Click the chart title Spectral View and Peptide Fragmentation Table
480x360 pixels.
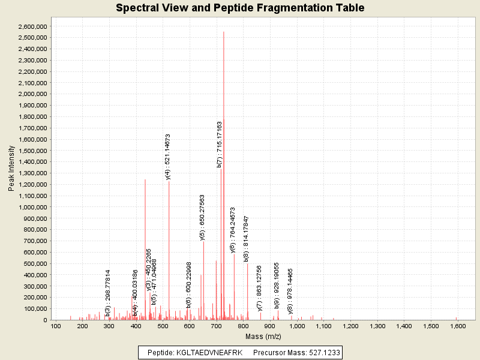[x=240, y=8]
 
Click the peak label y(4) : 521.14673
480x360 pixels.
[x=169, y=157]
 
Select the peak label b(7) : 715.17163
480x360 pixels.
[x=220, y=144]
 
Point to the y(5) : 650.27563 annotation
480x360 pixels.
[x=203, y=217]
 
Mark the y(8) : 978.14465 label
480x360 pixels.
[x=291, y=291]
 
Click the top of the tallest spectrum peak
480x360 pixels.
[x=224, y=32]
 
